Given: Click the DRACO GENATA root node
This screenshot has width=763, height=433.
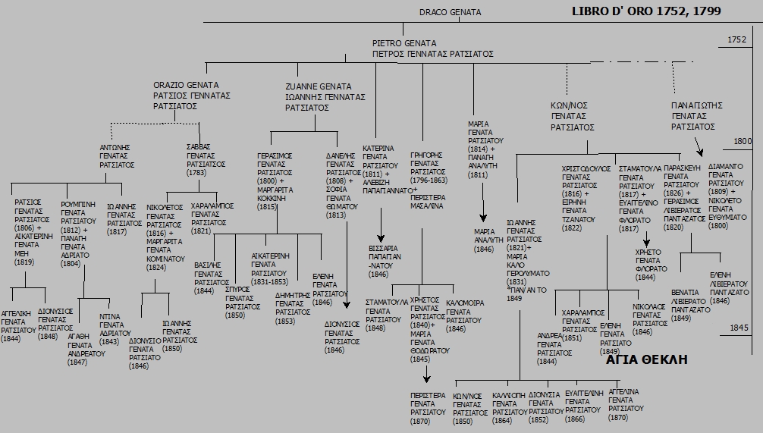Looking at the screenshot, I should pos(450,12).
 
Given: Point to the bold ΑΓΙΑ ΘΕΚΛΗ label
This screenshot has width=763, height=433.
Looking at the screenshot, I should pos(647,359).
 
